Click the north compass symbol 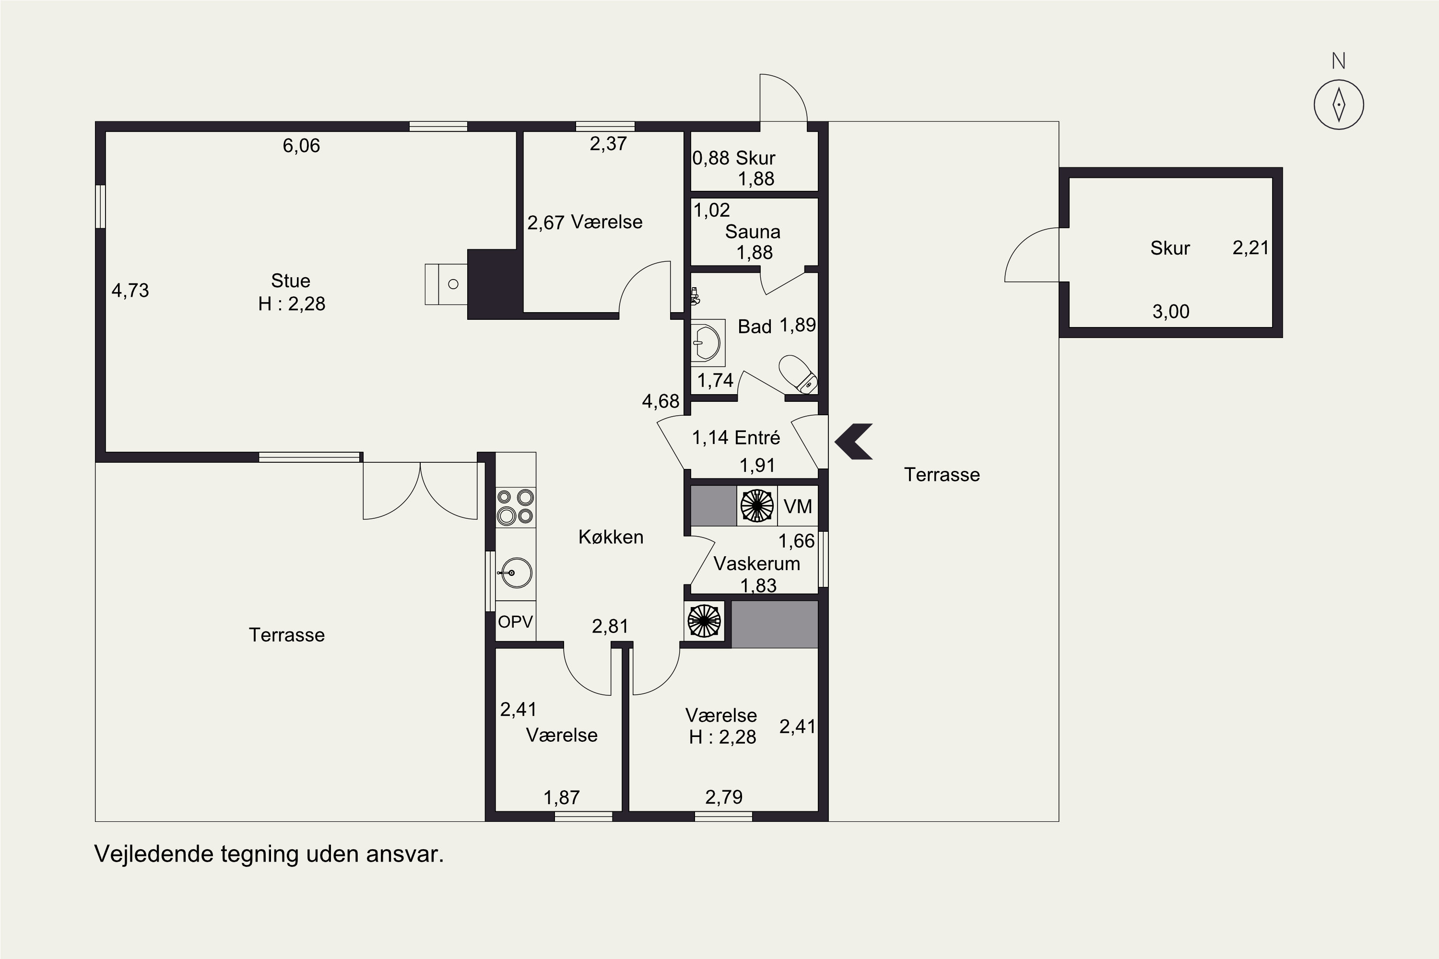[x=1339, y=104]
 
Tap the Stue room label [x=291, y=281]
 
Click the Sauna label [x=753, y=232]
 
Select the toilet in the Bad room [x=799, y=374]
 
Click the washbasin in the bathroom [x=708, y=342]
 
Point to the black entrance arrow [x=853, y=441]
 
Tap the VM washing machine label [x=798, y=506]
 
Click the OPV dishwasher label [x=515, y=622]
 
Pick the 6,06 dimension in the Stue [x=301, y=146]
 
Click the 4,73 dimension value [x=130, y=291]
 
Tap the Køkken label [x=611, y=537]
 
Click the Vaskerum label [x=757, y=563]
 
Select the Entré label [x=757, y=437]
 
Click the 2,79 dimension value [x=724, y=797]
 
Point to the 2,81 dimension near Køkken [x=610, y=626]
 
